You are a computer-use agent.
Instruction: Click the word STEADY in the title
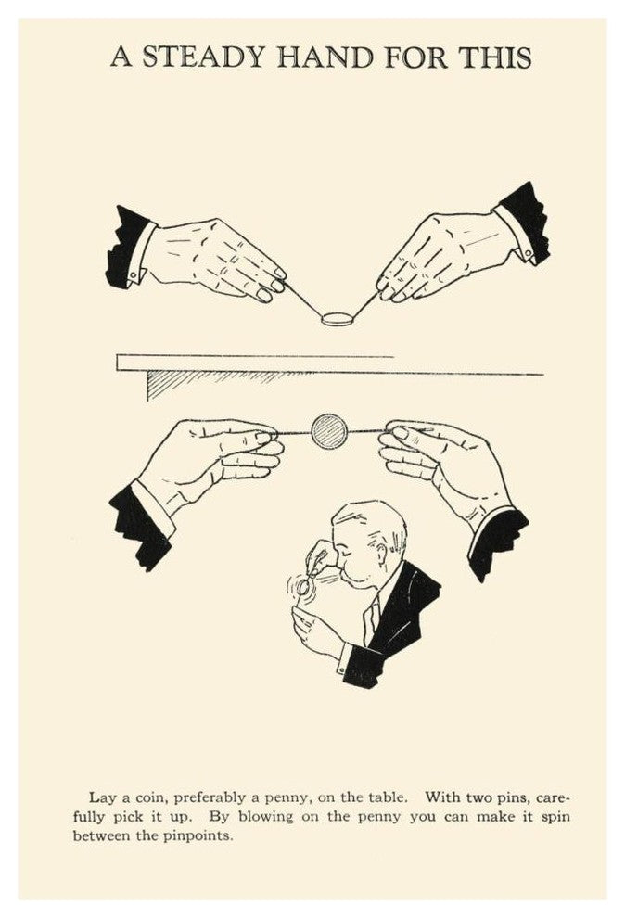(204, 57)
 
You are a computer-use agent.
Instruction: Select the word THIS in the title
(495, 57)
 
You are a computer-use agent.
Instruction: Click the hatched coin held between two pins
(329, 431)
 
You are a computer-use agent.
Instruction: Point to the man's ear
(381, 554)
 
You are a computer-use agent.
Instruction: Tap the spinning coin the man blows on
(303, 586)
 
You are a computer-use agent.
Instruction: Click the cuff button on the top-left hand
(134, 274)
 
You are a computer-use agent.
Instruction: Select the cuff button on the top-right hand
(528, 253)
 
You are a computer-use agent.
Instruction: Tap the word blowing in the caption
(266, 817)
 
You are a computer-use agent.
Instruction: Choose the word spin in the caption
(555, 817)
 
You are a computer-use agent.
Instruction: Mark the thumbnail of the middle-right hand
(401, 433)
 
